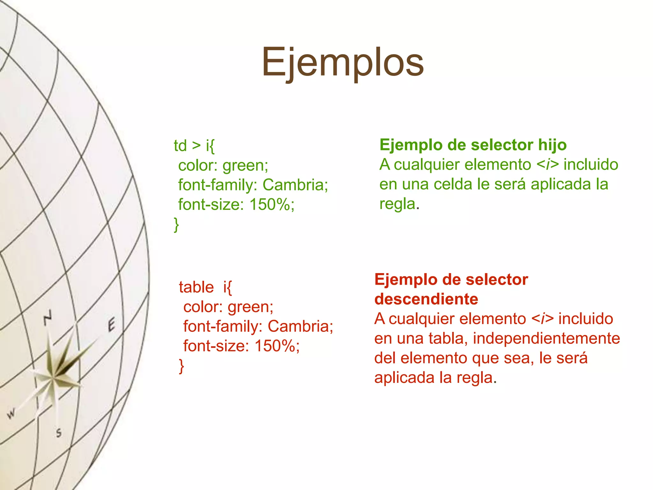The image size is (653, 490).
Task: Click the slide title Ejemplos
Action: [x=343, y=62]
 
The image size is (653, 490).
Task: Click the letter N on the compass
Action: [x=48, y=317]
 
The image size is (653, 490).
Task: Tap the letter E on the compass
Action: [x=111, y=325]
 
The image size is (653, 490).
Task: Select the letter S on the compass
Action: [x=59, y=433]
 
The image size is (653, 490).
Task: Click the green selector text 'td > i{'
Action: [x=194, y=145]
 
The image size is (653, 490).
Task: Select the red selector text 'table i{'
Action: [x=205, y=287]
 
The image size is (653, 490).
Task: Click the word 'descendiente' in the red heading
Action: [x=426, y=299]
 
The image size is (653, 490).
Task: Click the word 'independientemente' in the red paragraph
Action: [x=546, y=338]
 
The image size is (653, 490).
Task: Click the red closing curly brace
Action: [x=181, y=366]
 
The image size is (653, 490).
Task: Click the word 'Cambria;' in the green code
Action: [x=295, y=185]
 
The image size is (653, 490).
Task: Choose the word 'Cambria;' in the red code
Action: [x=300, y=326]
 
